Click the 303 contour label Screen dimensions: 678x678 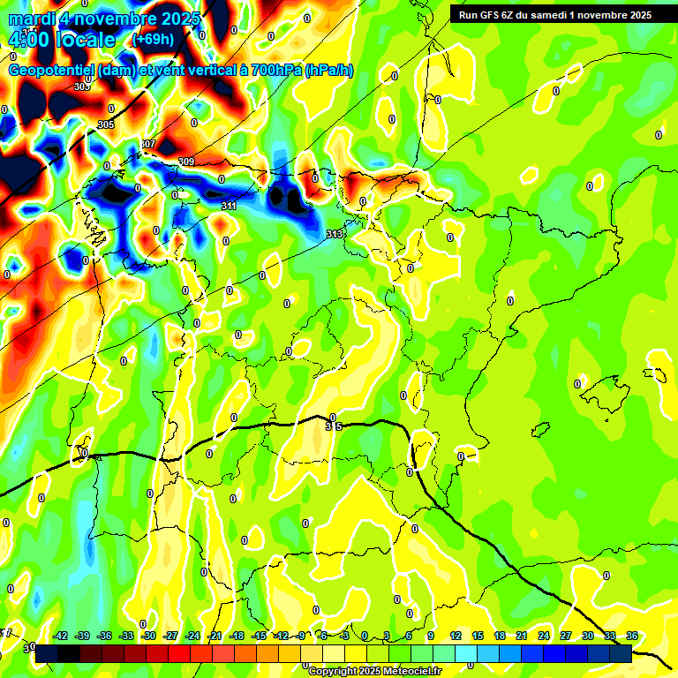click(x=82, y=87)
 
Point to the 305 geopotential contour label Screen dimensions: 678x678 click(x=106, y=124)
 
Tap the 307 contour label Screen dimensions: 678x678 click(x=147, y=144)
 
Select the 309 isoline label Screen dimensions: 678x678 click(x=186, y=162)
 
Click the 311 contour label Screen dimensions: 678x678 click(x=229, y=206)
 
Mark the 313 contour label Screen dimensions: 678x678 click(x=334, y=234)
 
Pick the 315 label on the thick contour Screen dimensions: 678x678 click(x=333, y=426)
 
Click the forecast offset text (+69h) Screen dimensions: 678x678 click(x=153, y=39)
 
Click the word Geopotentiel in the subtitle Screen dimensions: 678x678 click(x=52, y=71)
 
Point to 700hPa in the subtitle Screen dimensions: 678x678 click(x=273, y=71)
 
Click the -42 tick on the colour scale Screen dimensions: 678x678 click(x=61, y=636)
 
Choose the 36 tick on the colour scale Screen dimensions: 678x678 click(x=632, y=636)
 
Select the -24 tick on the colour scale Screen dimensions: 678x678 click(x=192, y=636)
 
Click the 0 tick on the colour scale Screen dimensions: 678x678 click(x=365, y=636)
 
